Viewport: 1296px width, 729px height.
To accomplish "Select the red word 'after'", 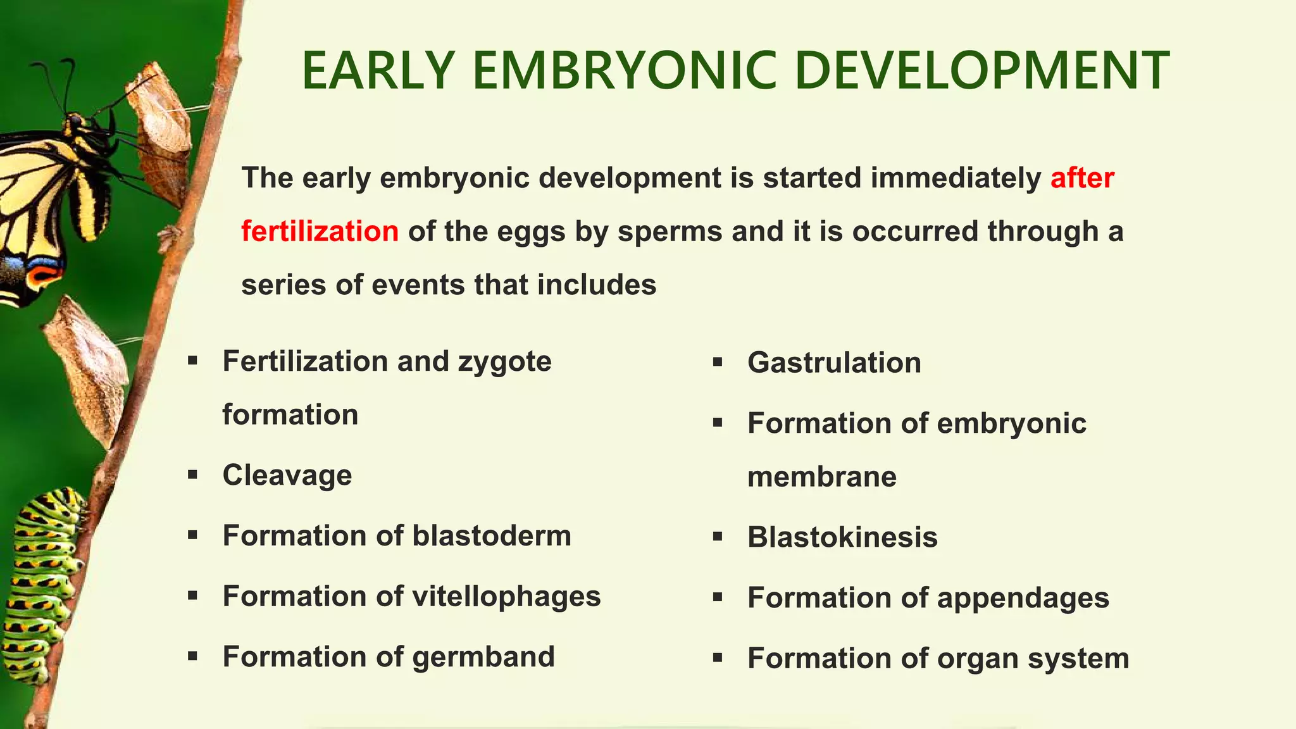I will click(1081, 178).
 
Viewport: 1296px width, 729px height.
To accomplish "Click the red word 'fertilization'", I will click(320, 232).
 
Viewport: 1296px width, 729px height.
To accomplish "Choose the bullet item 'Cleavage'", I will click(287, 475).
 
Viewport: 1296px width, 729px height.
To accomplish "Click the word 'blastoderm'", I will click(492, 536).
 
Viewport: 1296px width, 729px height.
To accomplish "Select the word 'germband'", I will click(483, 657).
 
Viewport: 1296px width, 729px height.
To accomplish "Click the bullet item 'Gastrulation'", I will click(833, 363).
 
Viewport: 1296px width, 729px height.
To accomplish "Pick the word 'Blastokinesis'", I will click(842, 537).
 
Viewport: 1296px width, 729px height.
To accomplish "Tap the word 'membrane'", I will click(821, 477).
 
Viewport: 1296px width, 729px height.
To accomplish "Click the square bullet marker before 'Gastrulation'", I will click(717, 363).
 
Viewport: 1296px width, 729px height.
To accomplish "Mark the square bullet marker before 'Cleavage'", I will click(192, 475).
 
